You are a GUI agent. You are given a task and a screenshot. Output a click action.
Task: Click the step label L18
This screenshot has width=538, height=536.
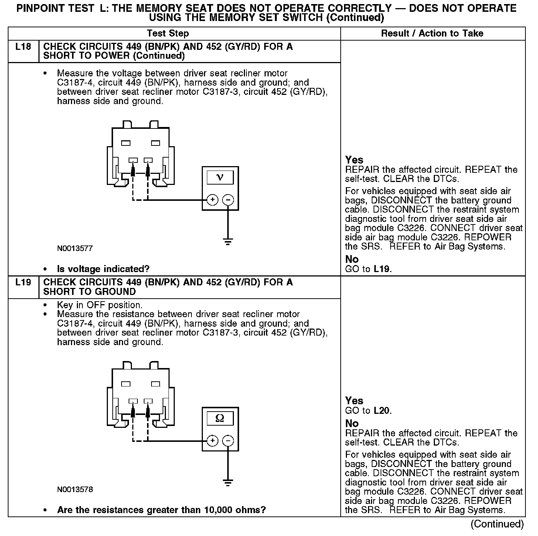[x=23, y=47]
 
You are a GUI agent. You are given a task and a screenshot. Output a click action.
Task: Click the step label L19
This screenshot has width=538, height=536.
[x=23, y=283]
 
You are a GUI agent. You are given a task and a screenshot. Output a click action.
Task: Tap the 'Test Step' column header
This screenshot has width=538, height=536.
[x=168, y=34]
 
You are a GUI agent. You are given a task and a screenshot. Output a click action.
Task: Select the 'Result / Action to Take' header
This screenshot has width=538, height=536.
[x=432, y=34]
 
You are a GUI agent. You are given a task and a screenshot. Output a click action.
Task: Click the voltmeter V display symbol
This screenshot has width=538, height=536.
[x=220, y=178]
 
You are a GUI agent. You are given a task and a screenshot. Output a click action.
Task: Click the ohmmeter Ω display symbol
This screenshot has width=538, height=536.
[x=220, y=418]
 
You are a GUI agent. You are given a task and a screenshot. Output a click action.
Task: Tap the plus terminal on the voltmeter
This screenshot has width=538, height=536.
[x=212, y=200]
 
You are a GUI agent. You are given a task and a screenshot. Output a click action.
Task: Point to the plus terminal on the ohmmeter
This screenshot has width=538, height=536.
[x=212, y=441]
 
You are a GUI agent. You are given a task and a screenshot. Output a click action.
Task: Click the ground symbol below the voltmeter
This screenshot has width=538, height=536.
[x=228, y=242]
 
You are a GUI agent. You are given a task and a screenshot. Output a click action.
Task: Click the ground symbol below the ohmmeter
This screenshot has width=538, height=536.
[x=228, y=482]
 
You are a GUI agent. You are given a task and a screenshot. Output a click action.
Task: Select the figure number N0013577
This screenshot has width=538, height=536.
[x=75, y=248]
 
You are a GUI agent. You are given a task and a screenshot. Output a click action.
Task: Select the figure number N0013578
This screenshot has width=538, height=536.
[x=75, y=489]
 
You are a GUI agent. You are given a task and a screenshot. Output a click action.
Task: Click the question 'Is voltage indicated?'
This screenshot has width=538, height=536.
[x=103, y=269]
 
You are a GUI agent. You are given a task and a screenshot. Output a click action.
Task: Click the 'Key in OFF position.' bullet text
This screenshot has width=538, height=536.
[x=100, y=305]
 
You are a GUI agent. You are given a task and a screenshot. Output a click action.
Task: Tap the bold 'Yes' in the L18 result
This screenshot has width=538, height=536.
[x=354, y=160]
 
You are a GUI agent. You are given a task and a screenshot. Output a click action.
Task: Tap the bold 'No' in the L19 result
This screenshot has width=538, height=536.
[x=352, y=423]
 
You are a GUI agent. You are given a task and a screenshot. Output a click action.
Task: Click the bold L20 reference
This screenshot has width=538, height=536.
[x=382, y=410]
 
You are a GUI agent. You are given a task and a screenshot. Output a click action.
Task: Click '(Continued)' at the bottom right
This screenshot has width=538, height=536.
[x=497, y=524]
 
